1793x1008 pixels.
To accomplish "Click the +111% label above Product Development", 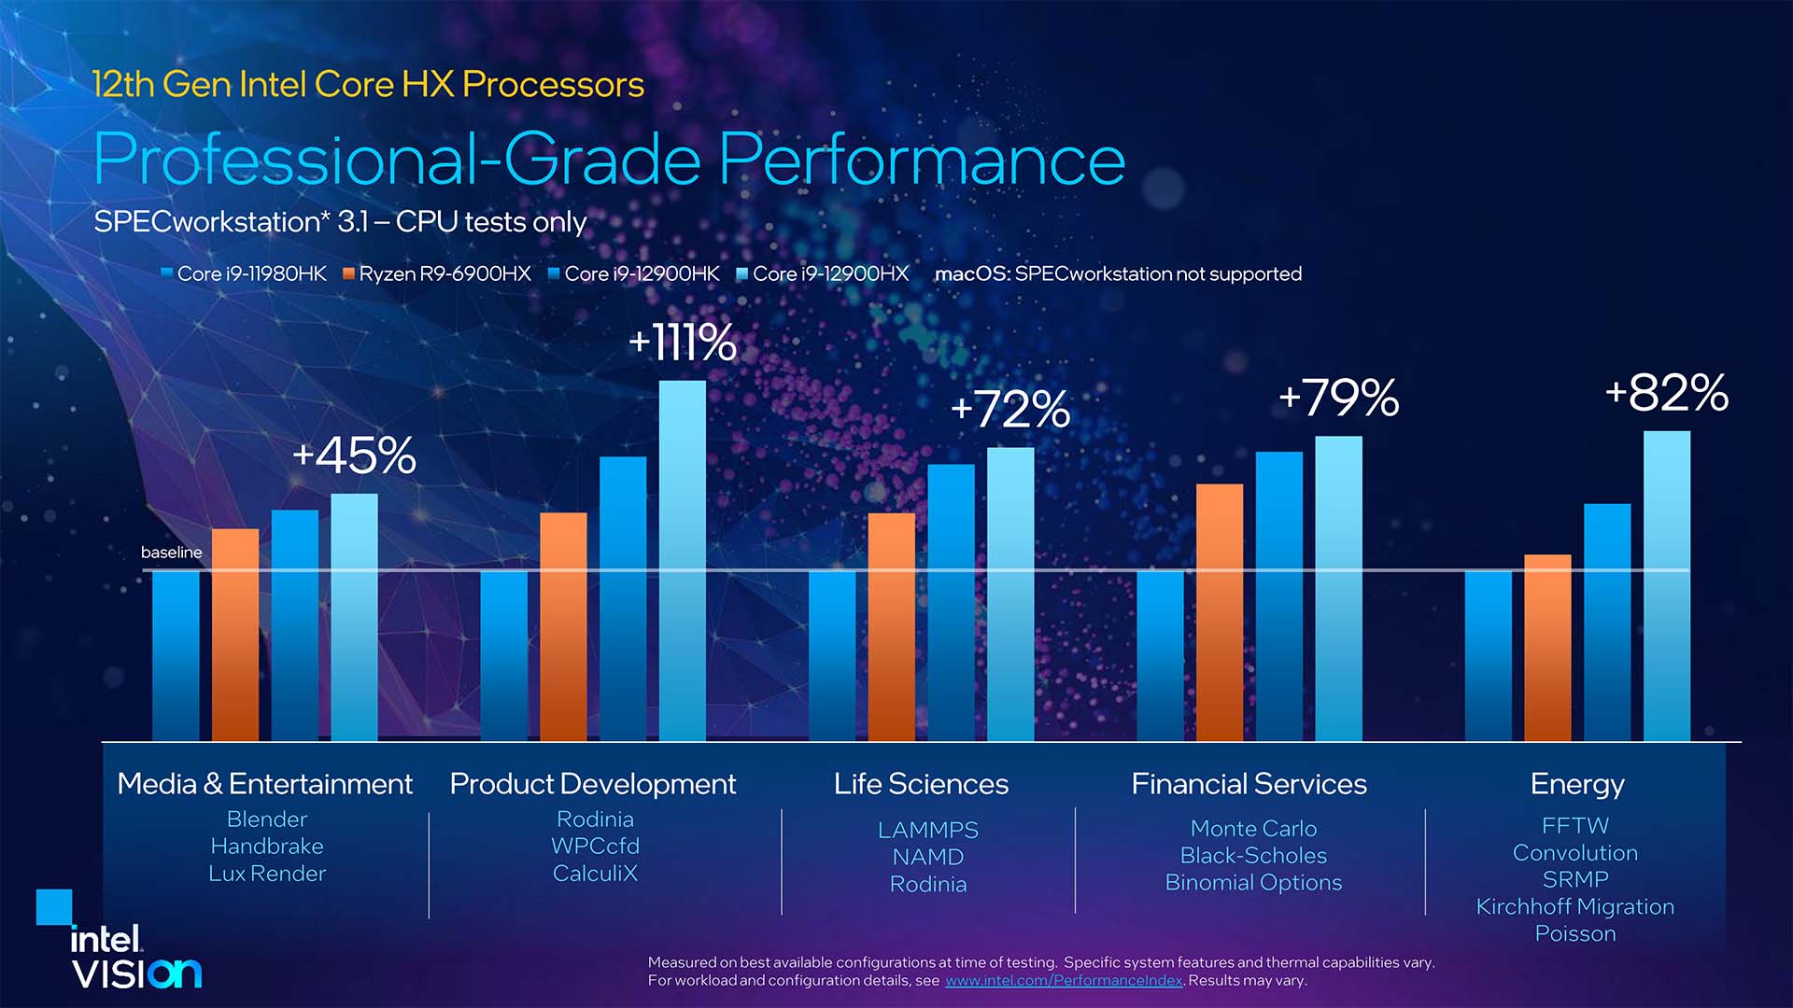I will (683, 343).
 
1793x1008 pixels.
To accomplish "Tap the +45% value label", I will (354, 456).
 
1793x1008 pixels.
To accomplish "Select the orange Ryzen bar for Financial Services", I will (1220, 612).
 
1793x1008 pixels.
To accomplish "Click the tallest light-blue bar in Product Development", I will (683, 560).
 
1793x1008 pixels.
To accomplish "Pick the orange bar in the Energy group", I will (1547, 648).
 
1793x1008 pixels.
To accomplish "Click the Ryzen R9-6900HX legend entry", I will (437, 273).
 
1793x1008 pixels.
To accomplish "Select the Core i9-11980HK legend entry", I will (245, 273).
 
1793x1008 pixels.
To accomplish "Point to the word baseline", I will (171, 553).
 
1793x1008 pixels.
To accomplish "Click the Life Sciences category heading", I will (921, 784).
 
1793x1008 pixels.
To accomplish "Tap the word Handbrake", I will (267, 847).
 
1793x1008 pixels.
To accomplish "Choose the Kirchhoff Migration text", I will (1574, 906).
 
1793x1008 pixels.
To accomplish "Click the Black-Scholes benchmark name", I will (1253, 855).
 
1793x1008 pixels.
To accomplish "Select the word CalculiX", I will (595, 874).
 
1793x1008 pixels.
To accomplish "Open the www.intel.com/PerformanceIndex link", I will (1064, 981).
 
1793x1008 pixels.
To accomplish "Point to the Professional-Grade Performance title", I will (609, 160).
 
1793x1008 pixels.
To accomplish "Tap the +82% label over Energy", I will (1667, 393).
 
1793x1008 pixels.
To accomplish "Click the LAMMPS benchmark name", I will (928, 830).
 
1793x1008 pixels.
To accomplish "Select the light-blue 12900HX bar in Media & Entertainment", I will (355, 617).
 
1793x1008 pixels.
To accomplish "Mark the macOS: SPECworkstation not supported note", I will (1118, 273).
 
